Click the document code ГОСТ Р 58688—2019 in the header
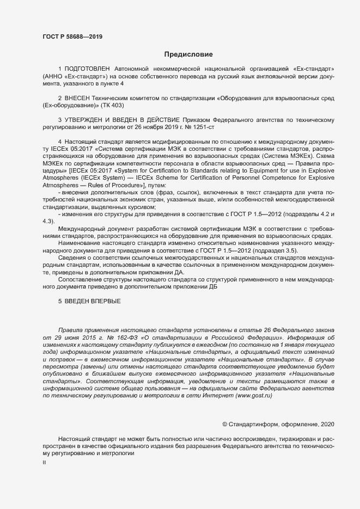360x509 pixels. pos(72,37)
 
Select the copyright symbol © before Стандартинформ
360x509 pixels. pos(225,424)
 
